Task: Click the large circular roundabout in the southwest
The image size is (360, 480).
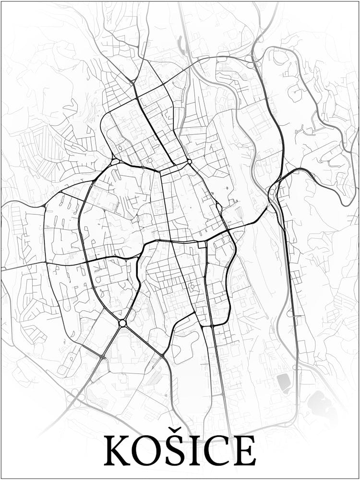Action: point(122,323)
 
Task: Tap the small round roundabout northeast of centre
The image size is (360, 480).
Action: point(189,162)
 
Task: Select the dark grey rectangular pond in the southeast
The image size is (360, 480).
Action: point(283,383)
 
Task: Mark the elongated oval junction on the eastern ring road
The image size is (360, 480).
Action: point(219,208)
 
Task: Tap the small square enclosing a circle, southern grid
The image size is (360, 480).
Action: point(193,288)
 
